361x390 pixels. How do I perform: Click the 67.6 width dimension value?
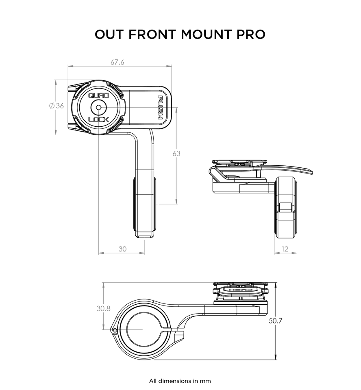click(117, 62)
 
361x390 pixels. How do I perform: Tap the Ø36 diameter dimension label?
click(57, 106)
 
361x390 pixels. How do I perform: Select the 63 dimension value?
click(176, 154)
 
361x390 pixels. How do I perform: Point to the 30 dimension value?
click(122, 249)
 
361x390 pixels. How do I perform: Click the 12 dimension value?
click(285, 249)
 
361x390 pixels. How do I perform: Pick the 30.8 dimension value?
click(103, 308)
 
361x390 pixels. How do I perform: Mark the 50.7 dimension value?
click(276, 321)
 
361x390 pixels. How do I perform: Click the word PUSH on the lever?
click(161, 107)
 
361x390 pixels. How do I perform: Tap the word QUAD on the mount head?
click(98, 96)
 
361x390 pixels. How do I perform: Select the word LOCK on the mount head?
click(98, 119)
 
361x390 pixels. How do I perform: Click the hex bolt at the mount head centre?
click(98, 108)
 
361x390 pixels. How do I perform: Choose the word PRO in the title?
click(251, 35)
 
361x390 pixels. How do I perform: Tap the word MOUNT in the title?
click(207, 35)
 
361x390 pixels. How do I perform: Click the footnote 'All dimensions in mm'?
click(180, 381)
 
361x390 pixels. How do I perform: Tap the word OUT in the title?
click(110, 35)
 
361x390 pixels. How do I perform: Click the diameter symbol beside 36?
click(52, 106)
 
